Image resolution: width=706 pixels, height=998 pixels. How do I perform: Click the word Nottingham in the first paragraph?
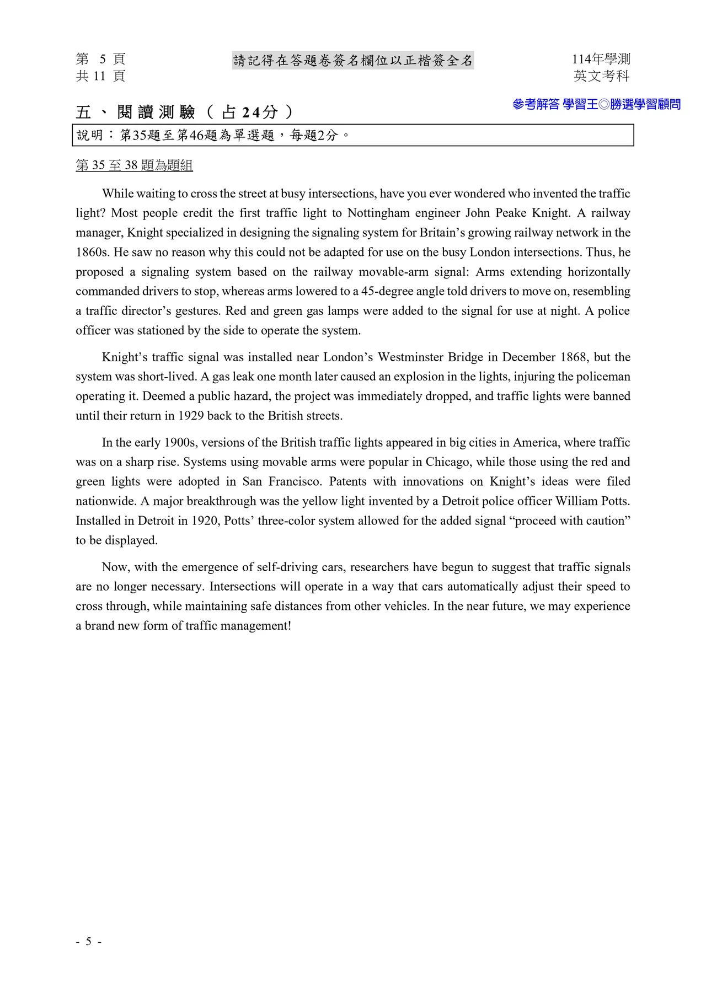pos(378,213)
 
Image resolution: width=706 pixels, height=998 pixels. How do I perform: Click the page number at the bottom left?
pos(88,941)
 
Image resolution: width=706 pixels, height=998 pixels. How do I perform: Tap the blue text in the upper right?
pos(596,104)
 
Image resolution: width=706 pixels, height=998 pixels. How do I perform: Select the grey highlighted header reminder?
pos(353,61)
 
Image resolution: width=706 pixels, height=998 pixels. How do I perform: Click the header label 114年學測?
pos(601,59)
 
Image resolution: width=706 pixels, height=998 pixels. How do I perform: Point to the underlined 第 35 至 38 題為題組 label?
pos(134,165)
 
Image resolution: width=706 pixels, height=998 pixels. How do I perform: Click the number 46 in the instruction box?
pos(196,136)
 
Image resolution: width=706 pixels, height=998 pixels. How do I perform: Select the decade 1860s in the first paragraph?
pos(92,253)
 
